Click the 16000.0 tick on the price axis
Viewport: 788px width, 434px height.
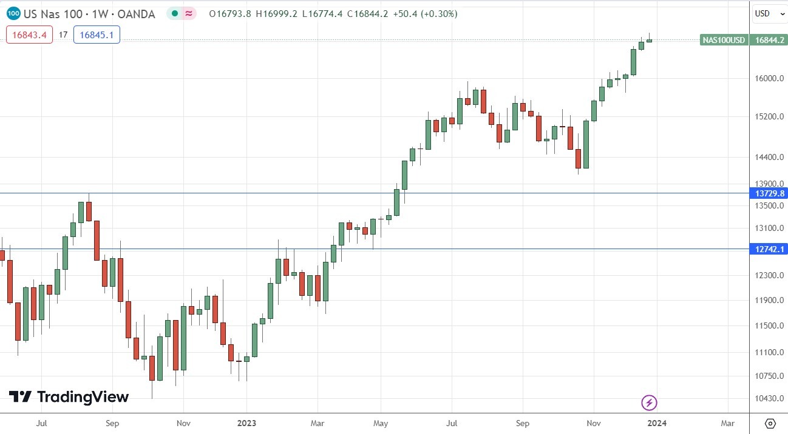pos(766,78)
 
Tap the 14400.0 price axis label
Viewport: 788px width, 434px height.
pos(766,157)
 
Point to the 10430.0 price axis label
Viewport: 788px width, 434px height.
pos(766,398)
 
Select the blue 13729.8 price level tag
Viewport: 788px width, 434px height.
pos(769,193)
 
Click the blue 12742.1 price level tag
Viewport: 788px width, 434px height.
pos(769,249)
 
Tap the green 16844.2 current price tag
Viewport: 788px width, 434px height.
pos(769,41)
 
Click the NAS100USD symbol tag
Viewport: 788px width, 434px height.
pos(723,41)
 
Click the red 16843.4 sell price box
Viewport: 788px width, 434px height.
pos(30,35)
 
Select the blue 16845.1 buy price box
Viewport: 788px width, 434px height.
pos(97,35)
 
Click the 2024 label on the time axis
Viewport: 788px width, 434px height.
pos(657,422)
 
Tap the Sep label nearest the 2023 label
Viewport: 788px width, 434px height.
pos(112,422)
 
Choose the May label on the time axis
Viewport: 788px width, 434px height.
pos(381,422)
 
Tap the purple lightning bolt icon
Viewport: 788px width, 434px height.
pos(650,402)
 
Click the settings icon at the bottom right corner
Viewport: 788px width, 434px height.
pos(770,423)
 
